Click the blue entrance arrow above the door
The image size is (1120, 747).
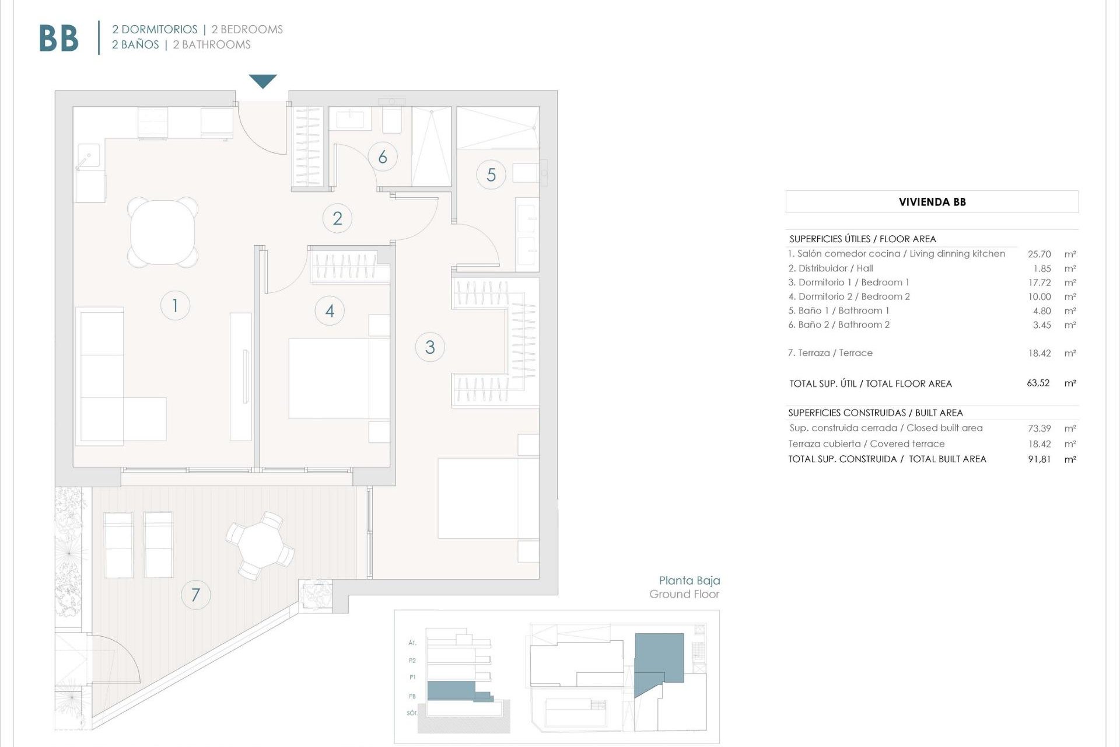click(262, 81)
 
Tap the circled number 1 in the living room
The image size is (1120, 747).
click(175, 305)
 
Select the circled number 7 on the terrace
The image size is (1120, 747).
click(195, 595)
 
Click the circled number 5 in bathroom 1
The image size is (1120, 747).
click(491, 174)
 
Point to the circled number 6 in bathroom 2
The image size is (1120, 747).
click(383, 156)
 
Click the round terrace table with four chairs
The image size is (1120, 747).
click(260, 546)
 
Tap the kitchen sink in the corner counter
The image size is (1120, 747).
click(89, 156)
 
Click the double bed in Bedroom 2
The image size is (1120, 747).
click(338, 378)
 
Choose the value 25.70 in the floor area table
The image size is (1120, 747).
click(1039, 254)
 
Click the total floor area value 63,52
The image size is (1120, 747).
click(1038, 383)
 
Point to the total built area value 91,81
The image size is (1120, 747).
click(1039, 459)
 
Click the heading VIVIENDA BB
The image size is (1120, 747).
click(932, 202)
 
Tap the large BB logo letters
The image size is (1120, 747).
click(58, 39)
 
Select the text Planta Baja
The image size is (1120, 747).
click(689, 580)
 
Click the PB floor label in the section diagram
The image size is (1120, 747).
click(412, 696)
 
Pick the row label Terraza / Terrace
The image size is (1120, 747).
click(830, 353)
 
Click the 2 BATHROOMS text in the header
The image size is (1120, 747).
click(212, 45)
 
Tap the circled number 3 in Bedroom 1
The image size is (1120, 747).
click(430, 347)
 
